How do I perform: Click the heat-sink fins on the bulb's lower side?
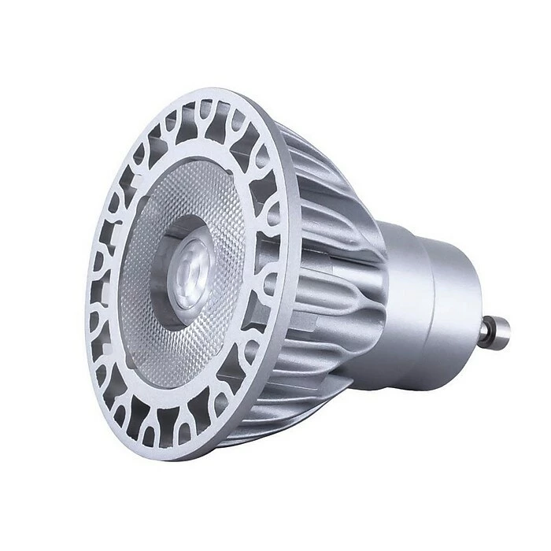coord(307,401)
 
